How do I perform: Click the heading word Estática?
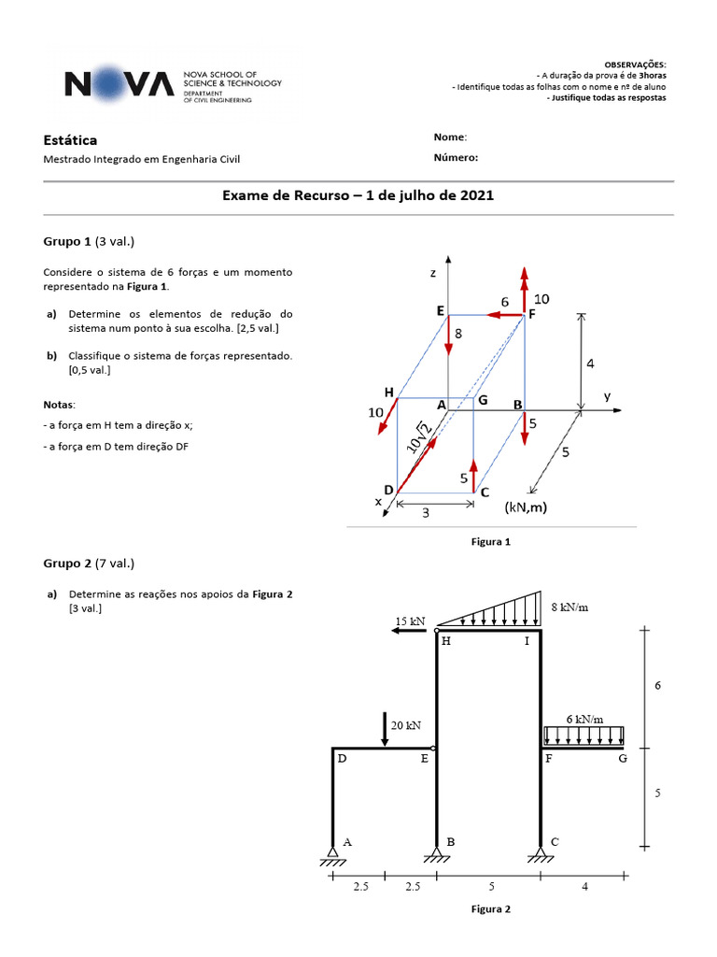click(70, 140)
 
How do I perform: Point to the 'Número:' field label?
click(456, 158)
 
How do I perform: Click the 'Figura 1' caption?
click(491, 541)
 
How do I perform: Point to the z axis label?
click(433, 273)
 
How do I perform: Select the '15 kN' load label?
click(410, 621)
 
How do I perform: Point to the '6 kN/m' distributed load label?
click(584, 719)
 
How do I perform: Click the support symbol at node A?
click(332, 852)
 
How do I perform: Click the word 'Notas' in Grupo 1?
click(59, 404)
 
